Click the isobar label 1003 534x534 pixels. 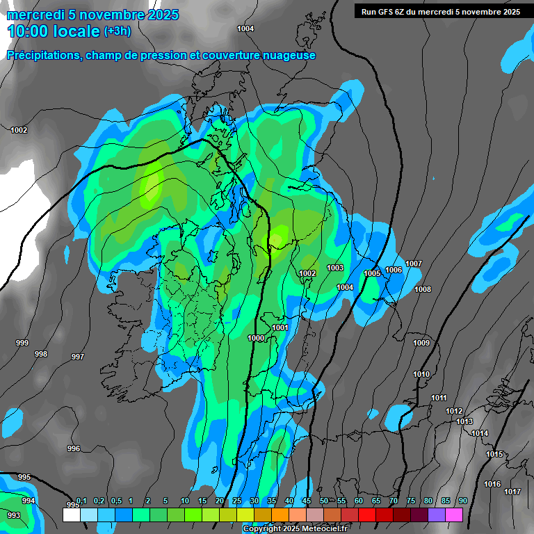tap(335, 268)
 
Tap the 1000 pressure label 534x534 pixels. tap(256, 338)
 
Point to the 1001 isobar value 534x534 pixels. tap(280, 327)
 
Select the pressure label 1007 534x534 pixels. tap(414, 264)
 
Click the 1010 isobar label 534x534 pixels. tap(421, 374)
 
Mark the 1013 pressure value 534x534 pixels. tap(464, 421)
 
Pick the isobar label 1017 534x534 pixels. tap(512, 492)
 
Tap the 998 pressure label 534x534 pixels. tap(41, 354)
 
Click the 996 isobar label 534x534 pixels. tap(74, 448)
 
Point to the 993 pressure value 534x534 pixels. tap(13, 515)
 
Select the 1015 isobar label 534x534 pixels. tap(494, 454)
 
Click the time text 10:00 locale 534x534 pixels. tap(54, 31)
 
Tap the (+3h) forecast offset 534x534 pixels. tap(117, 32)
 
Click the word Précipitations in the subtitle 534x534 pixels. tap(43, 56)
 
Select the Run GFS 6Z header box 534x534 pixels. tap(437, 11)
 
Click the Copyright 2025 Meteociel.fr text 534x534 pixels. tap(295, 529)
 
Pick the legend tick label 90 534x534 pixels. tap(462, 501)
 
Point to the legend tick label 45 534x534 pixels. tap(306, 501)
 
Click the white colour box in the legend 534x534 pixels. tap(71, 515)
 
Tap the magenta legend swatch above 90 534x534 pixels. tap(454, 515)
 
